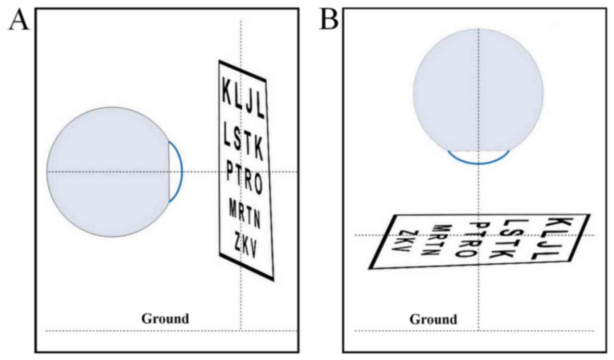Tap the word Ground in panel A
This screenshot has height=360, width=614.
coord(165,318)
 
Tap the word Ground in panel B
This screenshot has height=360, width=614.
coord(433,319)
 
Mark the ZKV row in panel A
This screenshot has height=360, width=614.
coord(245,245)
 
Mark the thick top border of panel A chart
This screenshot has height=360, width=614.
coord(242,71)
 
